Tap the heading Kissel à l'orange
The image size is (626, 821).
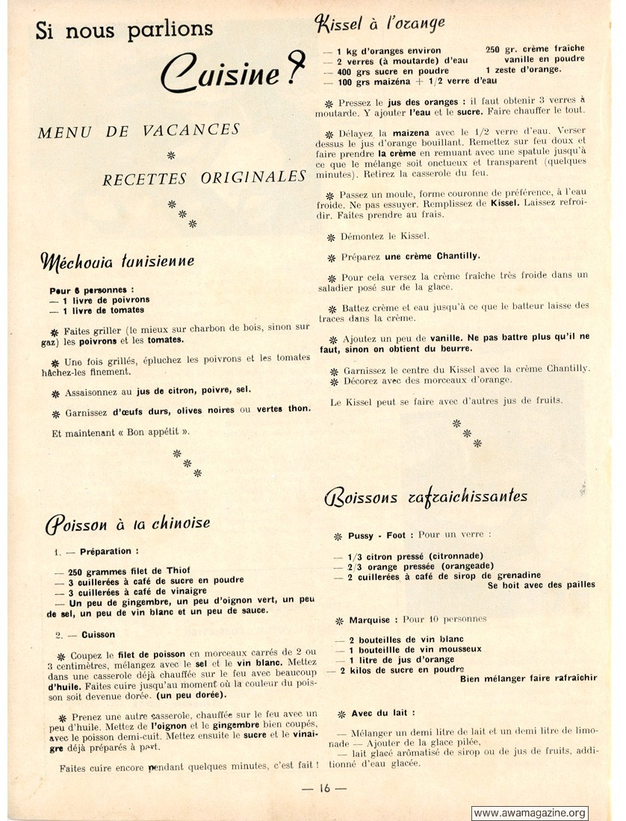(x=381, y=25)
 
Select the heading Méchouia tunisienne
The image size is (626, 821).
(x=118, y=262)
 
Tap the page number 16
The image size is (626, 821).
(x=323, y=788)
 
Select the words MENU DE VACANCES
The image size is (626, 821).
(x=139, y=131)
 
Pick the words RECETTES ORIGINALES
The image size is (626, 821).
(x=205, y=178)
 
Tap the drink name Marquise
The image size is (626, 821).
(x=369, y=619)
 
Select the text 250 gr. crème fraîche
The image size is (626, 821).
(x=534, y=49)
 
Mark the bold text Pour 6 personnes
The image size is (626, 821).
(x=91, y=290)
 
